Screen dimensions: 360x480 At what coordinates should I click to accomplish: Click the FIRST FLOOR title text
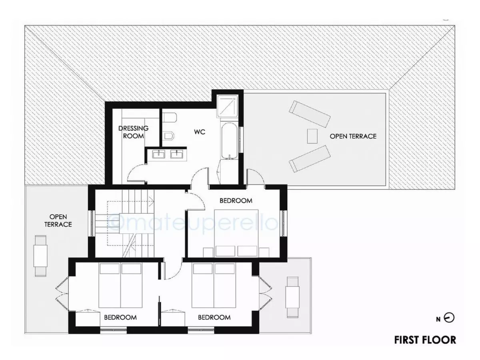tap(425, 340)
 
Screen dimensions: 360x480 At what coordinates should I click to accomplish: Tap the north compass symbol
tap(450, 318)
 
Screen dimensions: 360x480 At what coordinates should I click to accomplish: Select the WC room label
tap(199, 132)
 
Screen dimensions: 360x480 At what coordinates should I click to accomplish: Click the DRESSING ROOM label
tap(133, 132)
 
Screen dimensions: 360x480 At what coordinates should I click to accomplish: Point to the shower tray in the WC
tap(228, 106)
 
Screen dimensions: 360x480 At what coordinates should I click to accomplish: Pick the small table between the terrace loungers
tap(312, 136)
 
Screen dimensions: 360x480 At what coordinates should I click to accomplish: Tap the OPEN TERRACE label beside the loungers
tap(353, 136)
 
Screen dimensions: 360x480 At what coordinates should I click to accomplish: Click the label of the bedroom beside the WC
tap(236, 200)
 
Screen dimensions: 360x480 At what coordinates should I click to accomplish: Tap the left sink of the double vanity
tap(158, 153)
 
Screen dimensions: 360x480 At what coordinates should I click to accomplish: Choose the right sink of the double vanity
tap(176, 153)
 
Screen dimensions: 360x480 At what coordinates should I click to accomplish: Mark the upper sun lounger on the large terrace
tap(310, 114)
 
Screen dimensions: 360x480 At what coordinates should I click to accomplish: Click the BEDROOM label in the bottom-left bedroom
tap(120, 317)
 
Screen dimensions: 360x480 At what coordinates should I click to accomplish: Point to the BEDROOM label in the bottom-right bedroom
tap(214, 317)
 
